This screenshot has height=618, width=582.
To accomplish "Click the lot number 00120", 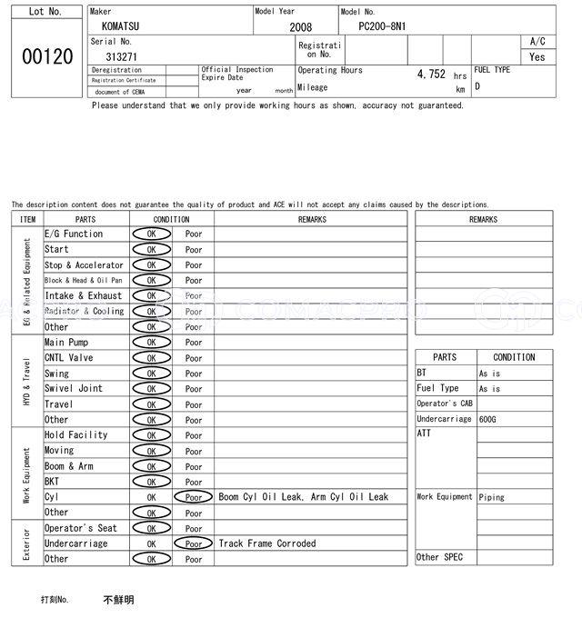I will [47, 56].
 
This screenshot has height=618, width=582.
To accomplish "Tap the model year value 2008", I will [300, 27].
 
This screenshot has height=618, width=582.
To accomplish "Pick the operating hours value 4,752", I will [430, 75].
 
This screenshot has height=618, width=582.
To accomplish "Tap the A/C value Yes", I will [537, 56].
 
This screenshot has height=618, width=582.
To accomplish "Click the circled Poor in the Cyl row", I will [194, 497].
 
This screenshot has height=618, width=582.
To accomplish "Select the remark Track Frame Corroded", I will [267, 543].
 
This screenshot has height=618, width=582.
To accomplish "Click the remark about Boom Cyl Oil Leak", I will [304, 497].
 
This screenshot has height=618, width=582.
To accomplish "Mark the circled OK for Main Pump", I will [151, 343].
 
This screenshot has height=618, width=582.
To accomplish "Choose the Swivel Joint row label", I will [74, 389].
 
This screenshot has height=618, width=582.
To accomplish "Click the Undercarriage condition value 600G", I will [488, 419].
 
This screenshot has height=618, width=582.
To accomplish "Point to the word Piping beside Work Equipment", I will [492, 497].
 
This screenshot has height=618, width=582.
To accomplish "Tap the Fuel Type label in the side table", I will [437, 388].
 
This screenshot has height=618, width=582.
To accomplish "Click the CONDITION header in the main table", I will [171, 219].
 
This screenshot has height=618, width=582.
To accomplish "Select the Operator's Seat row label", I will [81, 528].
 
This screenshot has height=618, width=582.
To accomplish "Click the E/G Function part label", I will [74, 234].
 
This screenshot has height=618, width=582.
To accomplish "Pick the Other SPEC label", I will [439, 557].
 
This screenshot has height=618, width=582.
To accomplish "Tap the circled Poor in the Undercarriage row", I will [194, 543].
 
